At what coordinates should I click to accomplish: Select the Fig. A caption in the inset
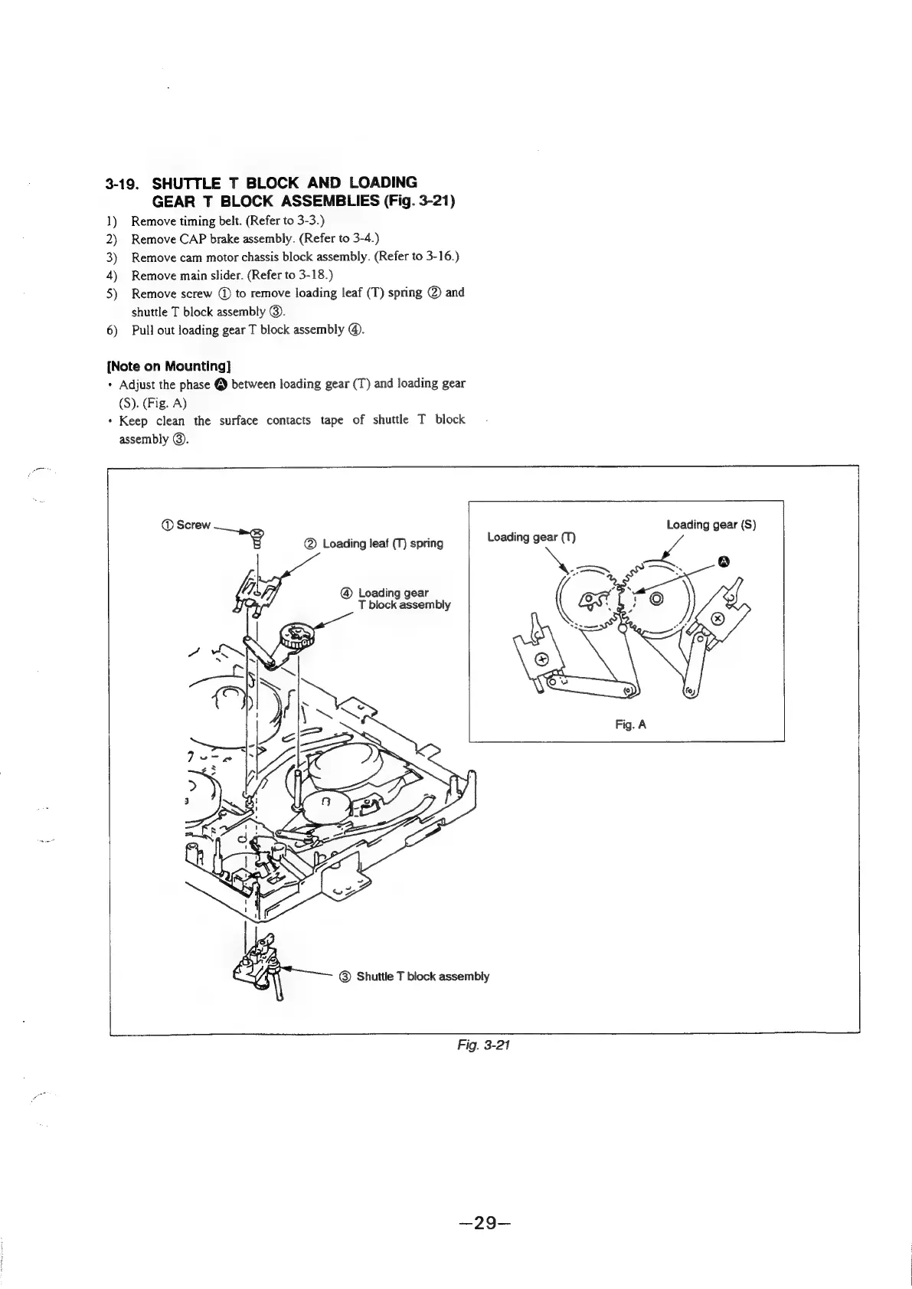click(630, 723)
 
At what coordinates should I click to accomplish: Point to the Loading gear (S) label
click(711, 525)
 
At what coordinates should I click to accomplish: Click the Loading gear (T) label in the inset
click(531, 537)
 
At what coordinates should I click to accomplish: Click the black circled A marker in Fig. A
click(721, 563)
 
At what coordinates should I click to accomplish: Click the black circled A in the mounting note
click(217, 384)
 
